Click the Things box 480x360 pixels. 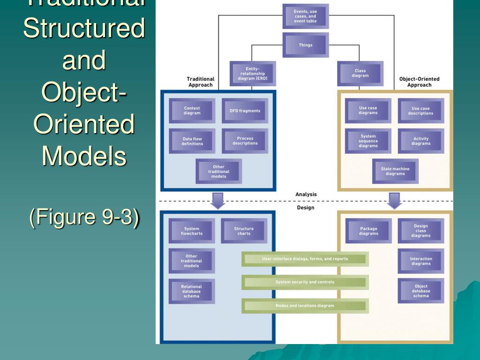(306, 45)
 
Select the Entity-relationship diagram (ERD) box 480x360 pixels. (252, 74)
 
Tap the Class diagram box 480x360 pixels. (360, 74)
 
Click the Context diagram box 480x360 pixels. (192, 111)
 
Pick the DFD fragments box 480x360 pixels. (245, 111)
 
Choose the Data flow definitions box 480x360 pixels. (192, 141)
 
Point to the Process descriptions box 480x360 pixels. (245, 141)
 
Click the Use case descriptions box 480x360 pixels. (420, 111)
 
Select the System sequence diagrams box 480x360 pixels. (368, 141)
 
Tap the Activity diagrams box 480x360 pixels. (420, 141)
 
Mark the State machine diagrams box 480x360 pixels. (395, 171)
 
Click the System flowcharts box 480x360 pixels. (191, 231)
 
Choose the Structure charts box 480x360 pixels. (244, 231)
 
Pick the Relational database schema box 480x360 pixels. (191, 291)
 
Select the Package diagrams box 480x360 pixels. (368, 231)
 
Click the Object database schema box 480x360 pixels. (420, 291)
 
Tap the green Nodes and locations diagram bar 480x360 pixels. (305, 306)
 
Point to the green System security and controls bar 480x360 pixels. (305, 282)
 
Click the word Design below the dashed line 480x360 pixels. (306, 208)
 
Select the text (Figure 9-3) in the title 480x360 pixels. (84, 218)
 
